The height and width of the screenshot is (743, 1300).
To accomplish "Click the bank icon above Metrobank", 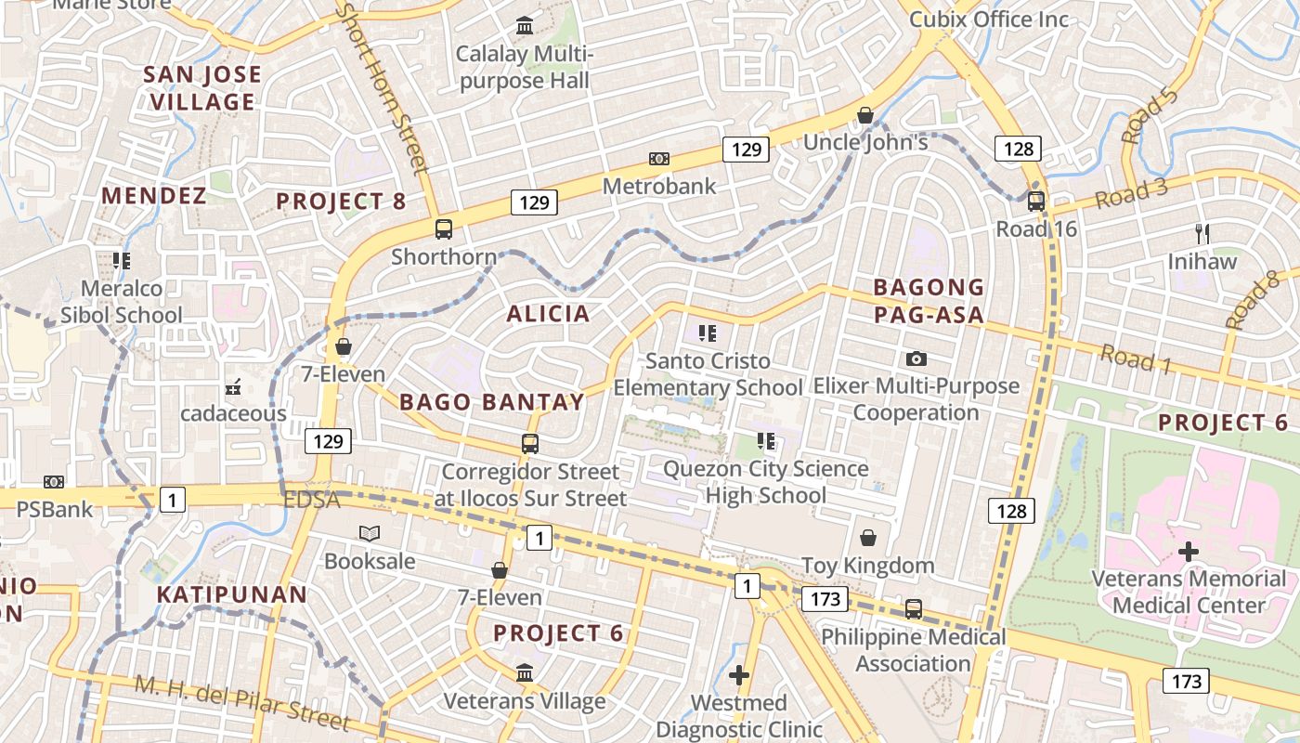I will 659,159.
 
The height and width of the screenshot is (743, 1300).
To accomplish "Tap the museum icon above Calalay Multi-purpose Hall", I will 525,25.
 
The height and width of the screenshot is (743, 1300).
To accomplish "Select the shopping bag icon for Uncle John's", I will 865,115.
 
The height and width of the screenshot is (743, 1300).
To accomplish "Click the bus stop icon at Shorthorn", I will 444,228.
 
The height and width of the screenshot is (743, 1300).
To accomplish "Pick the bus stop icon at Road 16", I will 1036,201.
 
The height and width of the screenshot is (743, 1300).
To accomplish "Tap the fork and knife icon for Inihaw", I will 1202,234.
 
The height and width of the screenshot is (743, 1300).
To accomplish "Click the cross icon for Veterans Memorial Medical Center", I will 1189,552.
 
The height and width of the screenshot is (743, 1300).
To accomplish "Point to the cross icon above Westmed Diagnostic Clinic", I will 739,675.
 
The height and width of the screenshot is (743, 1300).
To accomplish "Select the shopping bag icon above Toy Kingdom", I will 868,538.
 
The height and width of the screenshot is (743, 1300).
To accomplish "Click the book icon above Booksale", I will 370,534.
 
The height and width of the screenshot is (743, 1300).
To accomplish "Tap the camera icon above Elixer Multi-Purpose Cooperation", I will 916,358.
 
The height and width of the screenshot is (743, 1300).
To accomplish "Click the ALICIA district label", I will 548,314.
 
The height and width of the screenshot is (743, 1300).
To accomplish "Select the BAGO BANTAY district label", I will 492,402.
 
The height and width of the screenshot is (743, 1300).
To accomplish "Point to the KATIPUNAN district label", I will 231,594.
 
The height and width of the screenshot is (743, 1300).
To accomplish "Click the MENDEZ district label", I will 154,196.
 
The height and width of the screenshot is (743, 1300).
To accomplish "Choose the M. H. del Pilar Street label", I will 242,703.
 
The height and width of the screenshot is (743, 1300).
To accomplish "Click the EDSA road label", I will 312,500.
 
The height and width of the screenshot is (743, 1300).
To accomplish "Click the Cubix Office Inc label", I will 989,20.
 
